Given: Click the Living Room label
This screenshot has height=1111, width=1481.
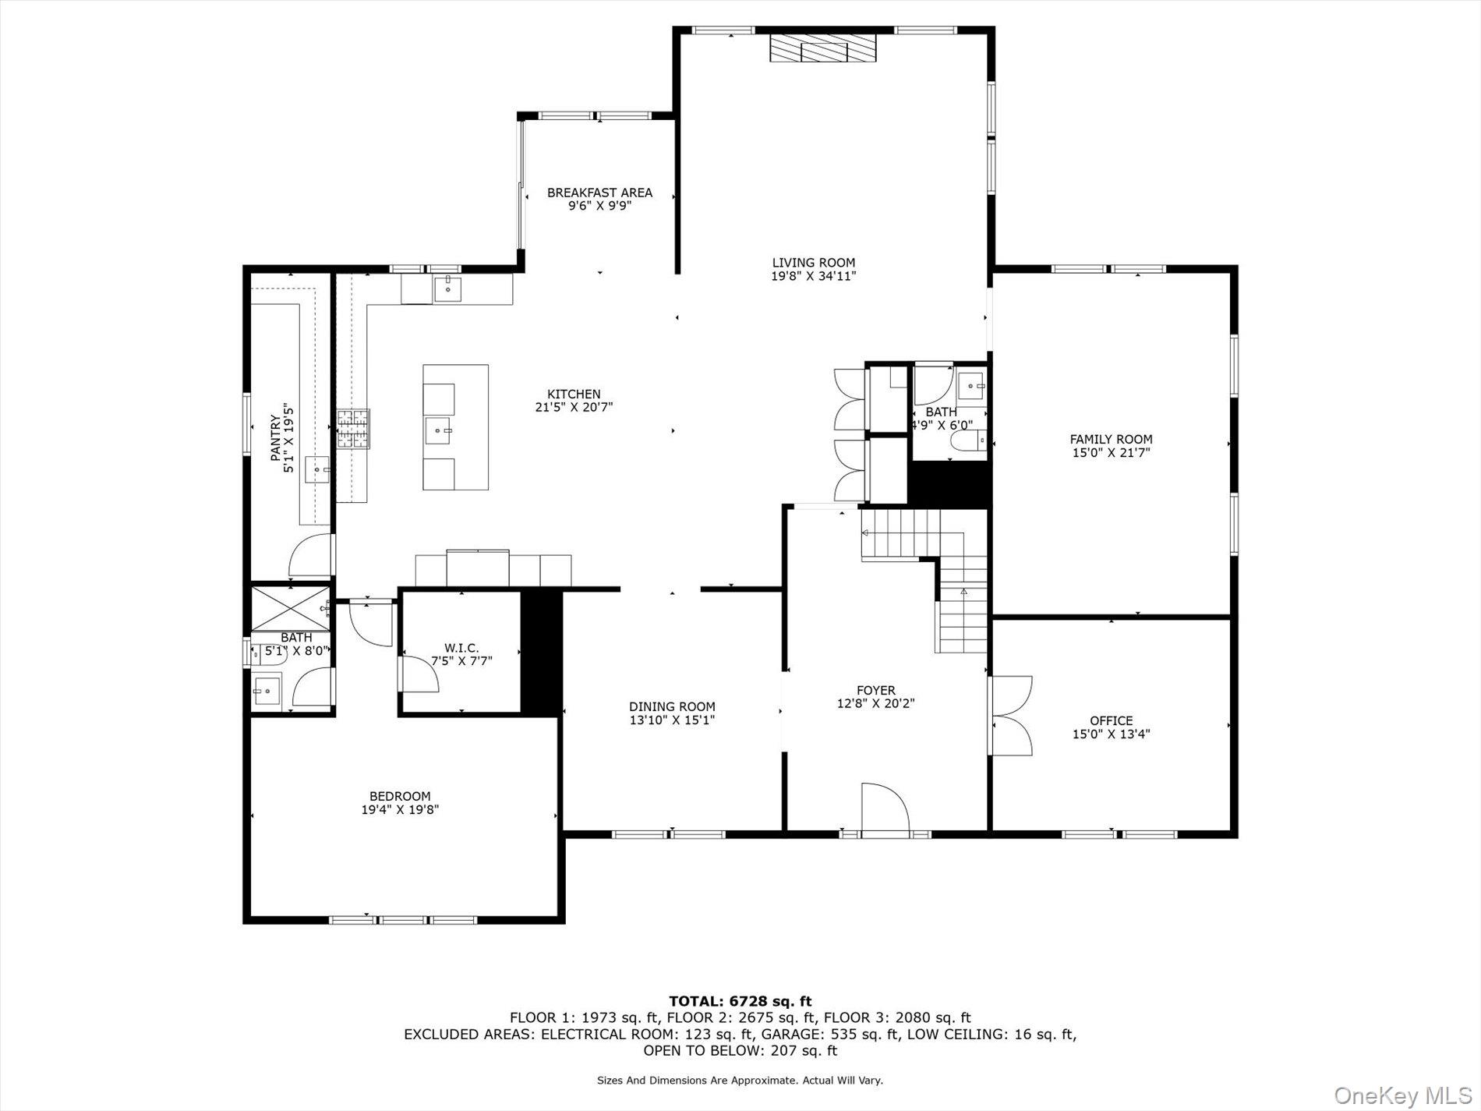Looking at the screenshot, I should [813, 263].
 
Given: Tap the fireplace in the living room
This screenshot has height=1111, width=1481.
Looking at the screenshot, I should [822, 48].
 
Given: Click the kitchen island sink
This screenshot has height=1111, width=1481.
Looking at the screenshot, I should [438, 430].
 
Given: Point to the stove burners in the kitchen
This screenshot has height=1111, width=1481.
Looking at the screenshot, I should [353, 430].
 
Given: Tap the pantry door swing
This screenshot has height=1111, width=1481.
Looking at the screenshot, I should [309, 555].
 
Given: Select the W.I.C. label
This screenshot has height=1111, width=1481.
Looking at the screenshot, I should [461, 648].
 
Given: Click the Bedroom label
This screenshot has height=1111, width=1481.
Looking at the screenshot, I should [400, 796].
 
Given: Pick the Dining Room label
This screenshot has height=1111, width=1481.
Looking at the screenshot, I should [672, 707].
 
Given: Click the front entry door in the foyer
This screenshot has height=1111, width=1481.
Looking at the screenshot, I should [885, 811].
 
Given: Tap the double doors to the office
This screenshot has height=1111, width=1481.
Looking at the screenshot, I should [1011, 716].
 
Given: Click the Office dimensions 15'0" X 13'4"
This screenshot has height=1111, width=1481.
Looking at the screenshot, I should [1111, 734].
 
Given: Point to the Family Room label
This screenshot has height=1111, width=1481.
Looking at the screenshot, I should [1111, 439].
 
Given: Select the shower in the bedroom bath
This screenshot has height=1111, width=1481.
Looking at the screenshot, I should [289, 607].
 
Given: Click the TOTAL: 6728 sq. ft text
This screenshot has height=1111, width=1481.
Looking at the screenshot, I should [740, 1001].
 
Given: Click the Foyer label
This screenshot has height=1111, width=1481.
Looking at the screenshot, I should [875, 690].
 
